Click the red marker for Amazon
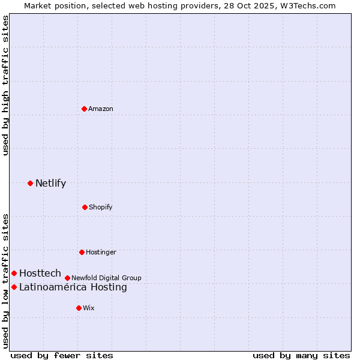tap(84, 109)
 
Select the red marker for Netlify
tap(30, 183)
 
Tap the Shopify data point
tap(85, 207)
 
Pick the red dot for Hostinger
tap(82, 252)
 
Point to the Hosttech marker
tap(14, 273)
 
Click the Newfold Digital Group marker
tap(67, 278)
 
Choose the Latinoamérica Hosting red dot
tap(14, 287)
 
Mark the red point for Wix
tap(79, 308)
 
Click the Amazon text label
tap(101, 109)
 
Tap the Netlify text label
tap(50, 183)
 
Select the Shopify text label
tap(101, 207)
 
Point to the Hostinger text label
tap(101, 252)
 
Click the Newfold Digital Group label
tap(106, 278)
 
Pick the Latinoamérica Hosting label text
tap(73, 287)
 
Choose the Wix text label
tap(89, 308)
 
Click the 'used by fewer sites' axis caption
tap(62, 355)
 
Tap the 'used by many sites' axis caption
tap(301, 355)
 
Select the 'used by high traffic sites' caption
tap(5, 85)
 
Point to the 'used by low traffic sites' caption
tap(5, 281)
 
